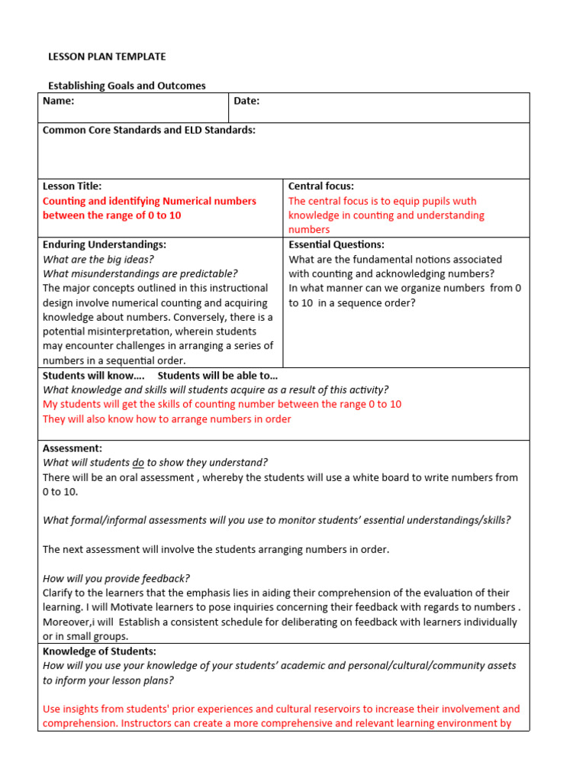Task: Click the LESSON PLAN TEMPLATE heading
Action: click(107, 57)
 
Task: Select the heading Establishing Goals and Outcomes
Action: click(127, 86)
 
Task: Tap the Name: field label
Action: click(59, 101)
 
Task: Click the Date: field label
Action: click(246, 101)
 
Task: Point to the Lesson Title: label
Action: click(72, 186)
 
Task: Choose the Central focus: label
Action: click(320, 186)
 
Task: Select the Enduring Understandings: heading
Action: click(105, 244)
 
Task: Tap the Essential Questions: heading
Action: click(336, 244)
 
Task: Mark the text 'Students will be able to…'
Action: click(217, 375)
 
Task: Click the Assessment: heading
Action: click(72, 448)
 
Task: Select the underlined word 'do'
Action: click(138, 462)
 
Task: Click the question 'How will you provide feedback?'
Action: click(116, 578)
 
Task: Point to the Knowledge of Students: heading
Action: click(99, 651)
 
